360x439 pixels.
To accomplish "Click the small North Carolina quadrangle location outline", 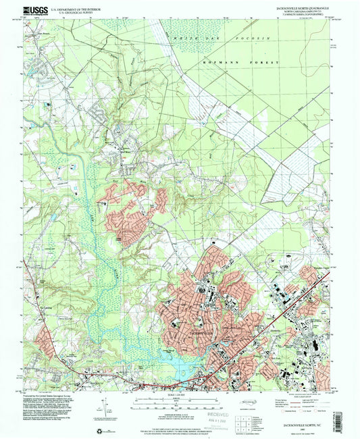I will click(272, 409).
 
